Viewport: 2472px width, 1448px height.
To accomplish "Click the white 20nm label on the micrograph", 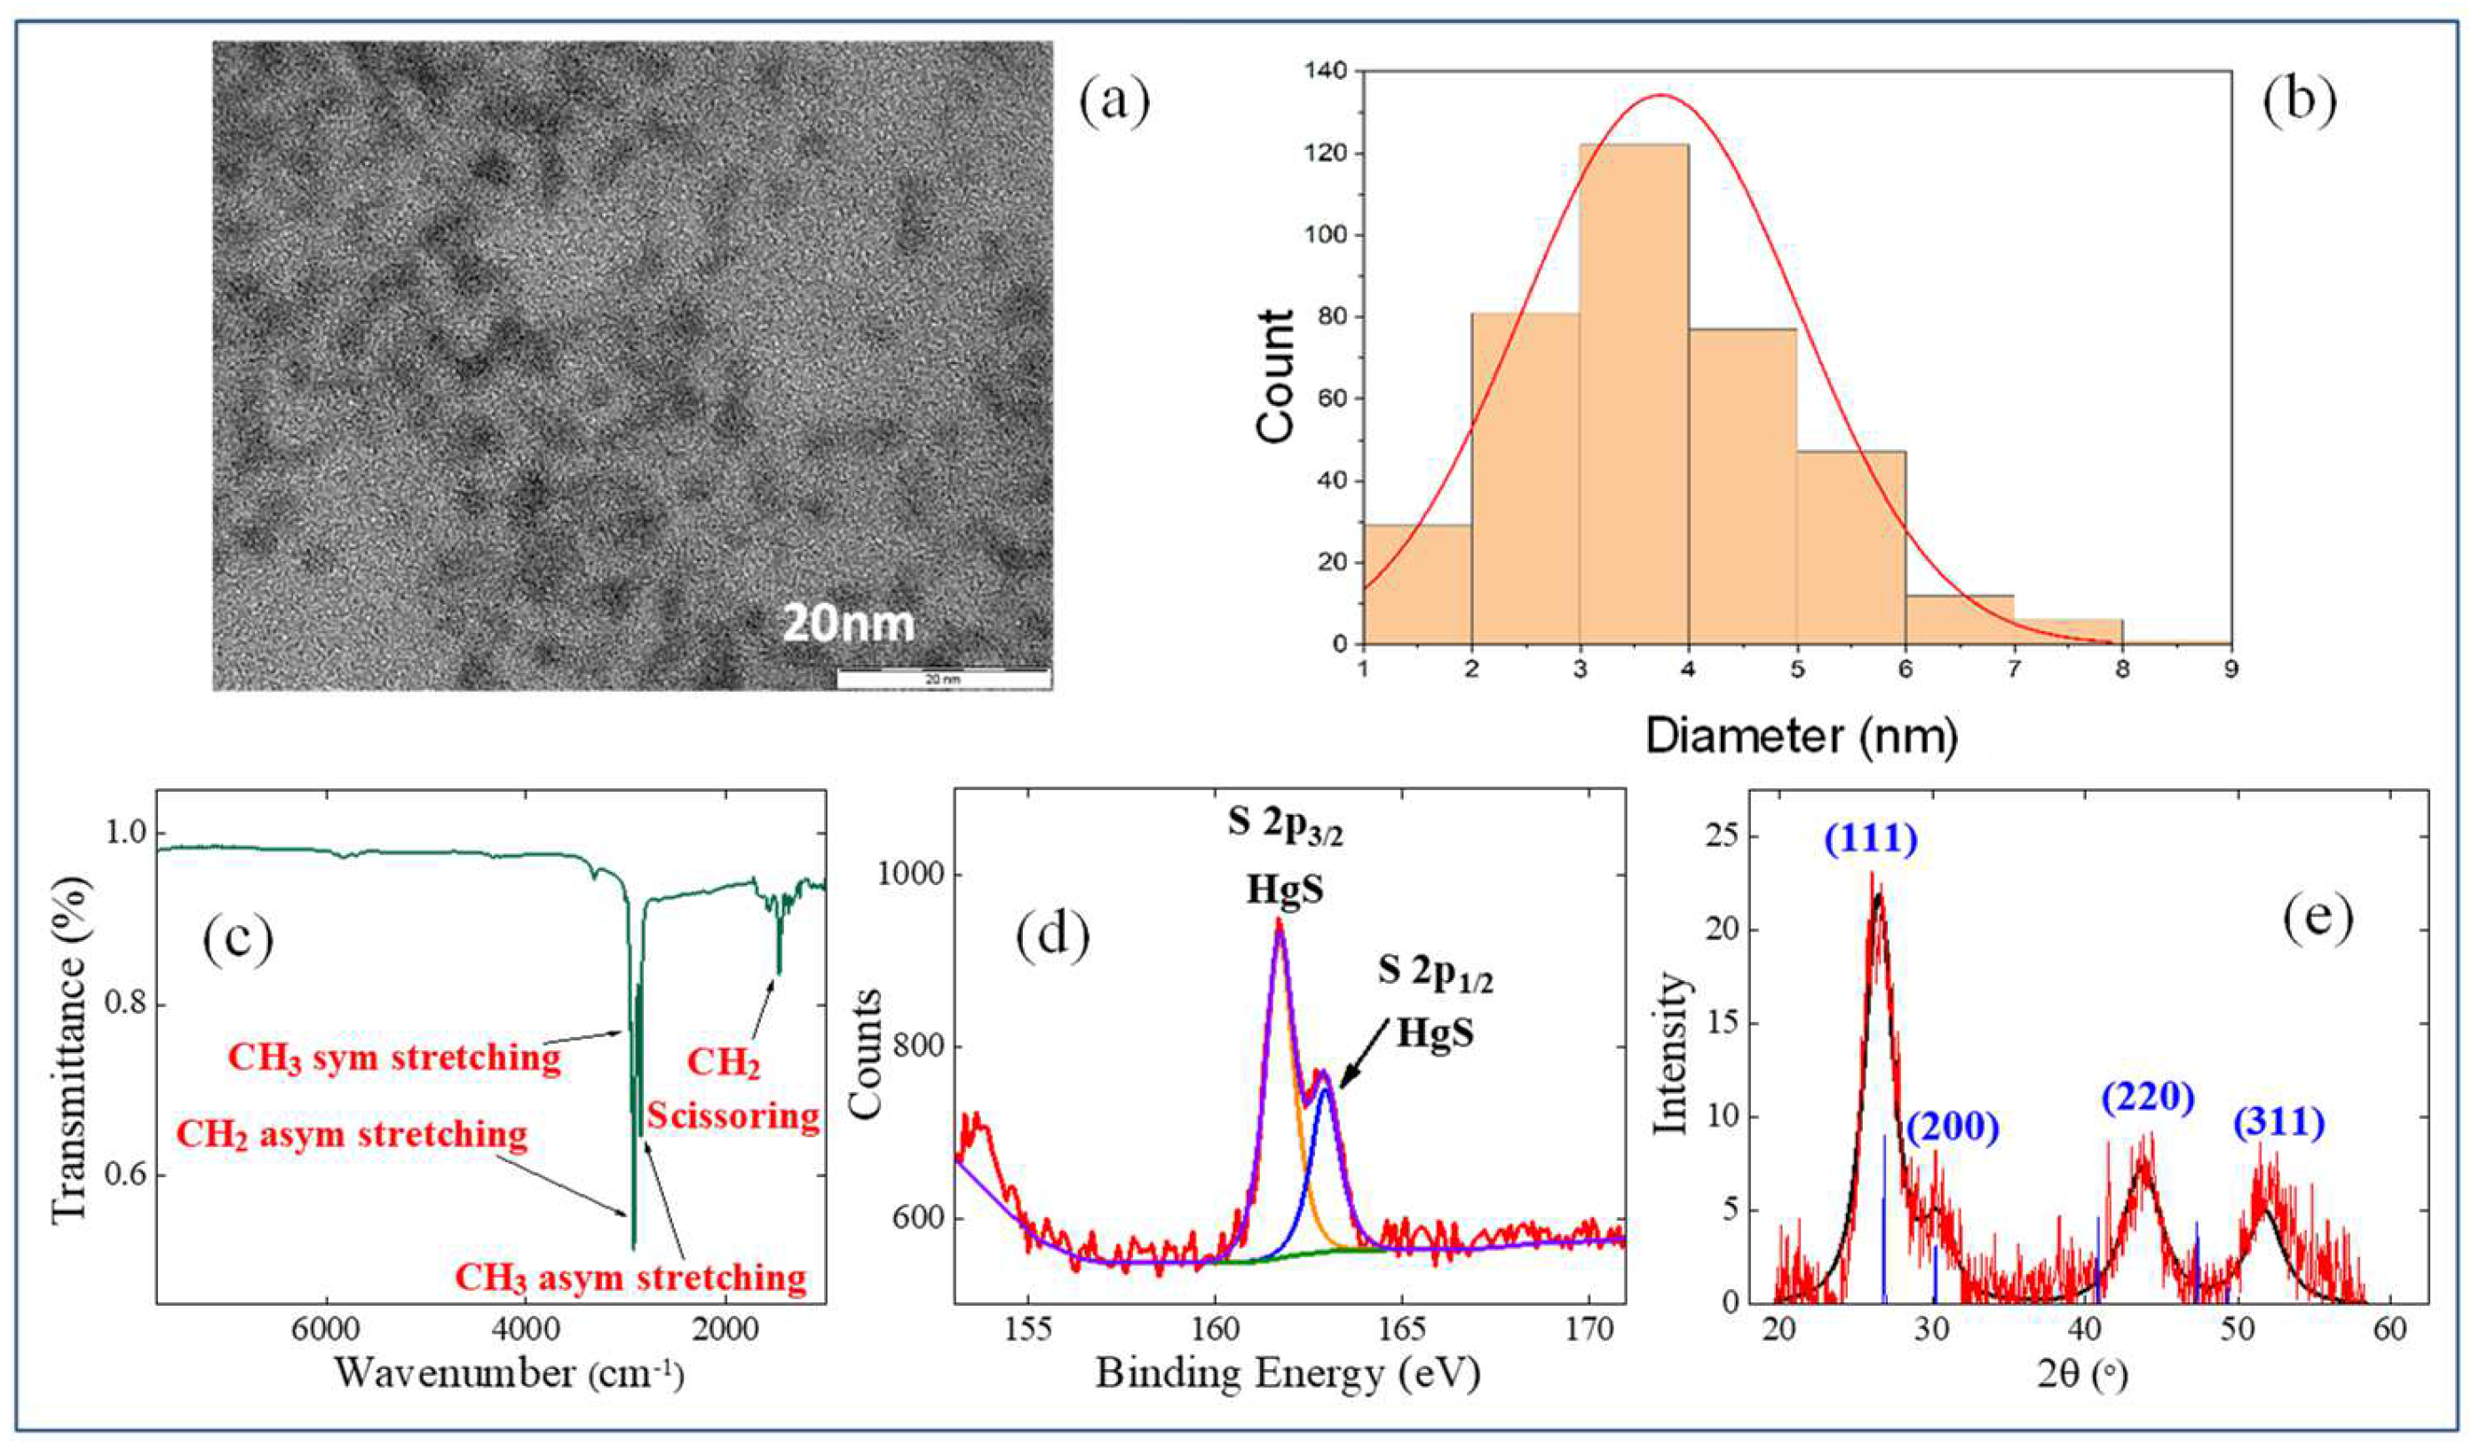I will (x=848, y=624).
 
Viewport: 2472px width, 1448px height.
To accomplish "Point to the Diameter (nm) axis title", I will (x=1800, y=737).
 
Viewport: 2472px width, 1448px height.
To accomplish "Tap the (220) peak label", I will (x=2146, y=1099).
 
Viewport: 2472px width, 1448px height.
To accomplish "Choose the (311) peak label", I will (x=2278, y=1123).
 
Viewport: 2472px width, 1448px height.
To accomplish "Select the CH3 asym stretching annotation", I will (x=630, y=1278).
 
